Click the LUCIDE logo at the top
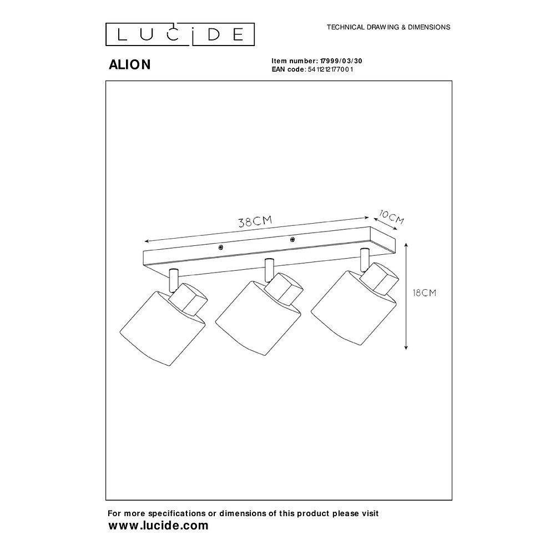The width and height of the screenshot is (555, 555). click(180, 34)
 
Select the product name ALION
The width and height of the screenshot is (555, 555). click(129, 65)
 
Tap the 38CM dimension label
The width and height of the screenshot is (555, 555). click(255, 221)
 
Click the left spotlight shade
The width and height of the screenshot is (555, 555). click(158, 330)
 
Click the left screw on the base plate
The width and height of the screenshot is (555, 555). click(221, 248)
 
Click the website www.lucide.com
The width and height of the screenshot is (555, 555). click(158, 526)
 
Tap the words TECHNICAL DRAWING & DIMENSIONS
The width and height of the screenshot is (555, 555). click(388, 27)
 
